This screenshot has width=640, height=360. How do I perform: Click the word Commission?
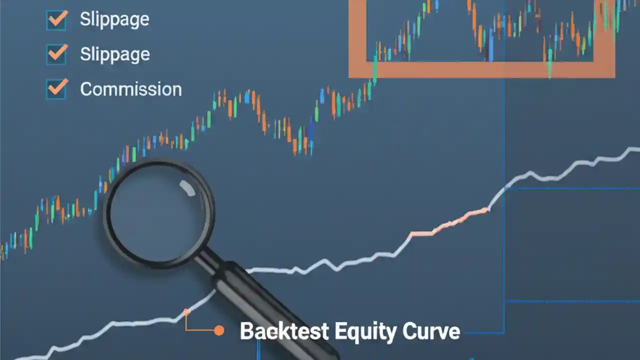coord(131,89)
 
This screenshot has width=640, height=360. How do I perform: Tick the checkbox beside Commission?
coord(56,89)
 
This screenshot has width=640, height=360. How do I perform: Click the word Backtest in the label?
coord(284,331)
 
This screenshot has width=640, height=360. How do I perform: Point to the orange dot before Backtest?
coord(218,330)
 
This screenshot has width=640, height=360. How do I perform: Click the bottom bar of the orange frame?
coord(480,70)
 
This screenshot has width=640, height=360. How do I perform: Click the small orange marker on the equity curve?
coord(186,311)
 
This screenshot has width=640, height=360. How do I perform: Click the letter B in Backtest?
coord(247,331)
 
